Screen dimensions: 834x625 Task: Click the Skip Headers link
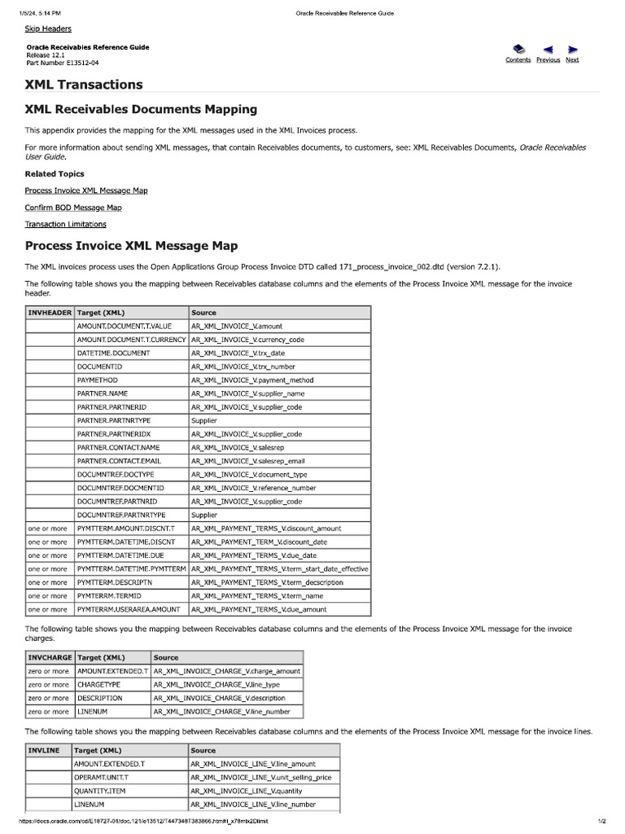click(48, 29)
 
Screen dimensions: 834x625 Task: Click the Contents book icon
click(518, 50)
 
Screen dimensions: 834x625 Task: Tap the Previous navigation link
click(548, 59)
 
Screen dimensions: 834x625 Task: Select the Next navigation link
click(572, 59)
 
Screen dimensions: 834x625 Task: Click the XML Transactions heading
click(84, 85)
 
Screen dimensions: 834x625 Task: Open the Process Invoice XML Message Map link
click(86, 191)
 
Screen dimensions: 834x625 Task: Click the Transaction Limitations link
click(65, 224)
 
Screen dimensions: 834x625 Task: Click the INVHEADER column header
click(50, 313)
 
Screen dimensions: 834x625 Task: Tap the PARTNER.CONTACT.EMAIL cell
click(119, 461)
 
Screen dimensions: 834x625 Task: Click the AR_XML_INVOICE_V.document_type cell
click(249, 474)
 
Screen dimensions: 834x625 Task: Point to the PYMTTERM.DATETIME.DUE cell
click(120, 555)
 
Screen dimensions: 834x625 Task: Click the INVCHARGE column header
click(50, 657)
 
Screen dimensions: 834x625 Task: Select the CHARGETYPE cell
click(98, 684)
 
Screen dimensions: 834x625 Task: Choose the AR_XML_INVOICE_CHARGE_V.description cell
click(219, 698)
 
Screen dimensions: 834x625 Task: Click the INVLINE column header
click(44, 750)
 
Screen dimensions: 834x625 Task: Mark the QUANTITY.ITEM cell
click(100, 791)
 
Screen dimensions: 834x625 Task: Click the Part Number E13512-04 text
click(63, 63)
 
